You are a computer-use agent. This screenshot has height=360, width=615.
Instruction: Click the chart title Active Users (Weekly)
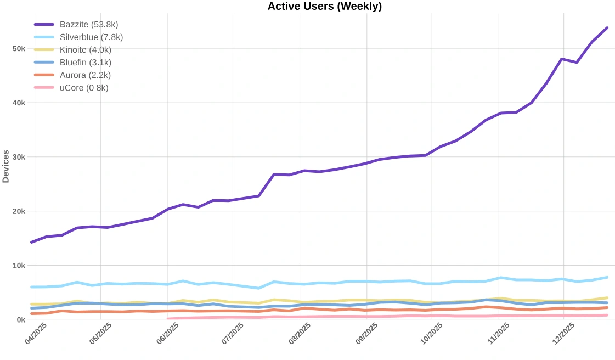coord(324,7)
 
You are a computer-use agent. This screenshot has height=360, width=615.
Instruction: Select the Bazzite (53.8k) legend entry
coord(88,25)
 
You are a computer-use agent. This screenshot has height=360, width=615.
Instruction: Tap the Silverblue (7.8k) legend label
coord(91,37)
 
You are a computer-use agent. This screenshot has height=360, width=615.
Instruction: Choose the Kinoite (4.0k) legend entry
coord(85,50)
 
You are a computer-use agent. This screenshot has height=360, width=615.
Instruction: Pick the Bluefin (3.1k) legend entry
coord(85,63)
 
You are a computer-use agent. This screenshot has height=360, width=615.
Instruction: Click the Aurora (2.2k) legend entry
coord(85,75)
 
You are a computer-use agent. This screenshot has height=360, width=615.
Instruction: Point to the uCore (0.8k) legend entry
coord(84,88)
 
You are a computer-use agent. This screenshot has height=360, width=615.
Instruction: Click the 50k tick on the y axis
coord(19,48)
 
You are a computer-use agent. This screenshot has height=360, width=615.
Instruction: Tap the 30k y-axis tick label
coord(19,157)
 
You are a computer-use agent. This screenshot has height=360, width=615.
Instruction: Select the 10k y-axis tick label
coord(19,266)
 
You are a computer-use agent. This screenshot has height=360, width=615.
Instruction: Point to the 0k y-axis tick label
coord(21,319)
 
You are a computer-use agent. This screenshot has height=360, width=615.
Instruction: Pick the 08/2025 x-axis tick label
coord(300,334)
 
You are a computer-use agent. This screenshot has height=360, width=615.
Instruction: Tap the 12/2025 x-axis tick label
coord(563,334)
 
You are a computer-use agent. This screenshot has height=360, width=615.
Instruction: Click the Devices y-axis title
coord(6,166)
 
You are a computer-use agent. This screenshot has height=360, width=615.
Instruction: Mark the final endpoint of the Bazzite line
coord(607,27)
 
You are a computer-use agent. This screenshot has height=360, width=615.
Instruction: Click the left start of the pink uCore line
coord(168,319)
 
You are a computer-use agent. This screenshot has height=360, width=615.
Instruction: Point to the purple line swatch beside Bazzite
coord(44,25)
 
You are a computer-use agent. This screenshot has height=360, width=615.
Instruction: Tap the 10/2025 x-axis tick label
coord(431,334)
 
